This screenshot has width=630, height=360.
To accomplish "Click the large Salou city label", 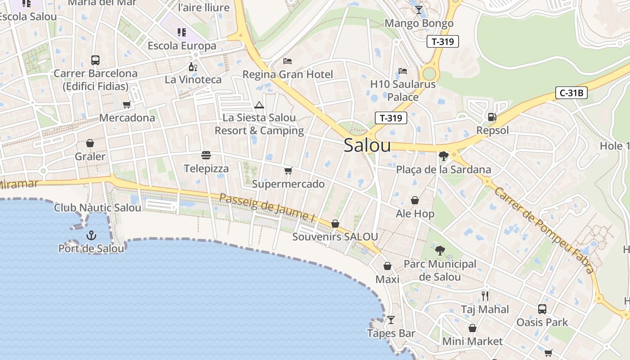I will coord(367,145).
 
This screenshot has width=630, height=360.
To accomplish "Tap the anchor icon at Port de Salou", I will coord(91,235).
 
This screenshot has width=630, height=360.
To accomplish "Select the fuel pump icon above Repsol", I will coord(492,117).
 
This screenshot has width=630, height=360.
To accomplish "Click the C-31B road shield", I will coord(571,93).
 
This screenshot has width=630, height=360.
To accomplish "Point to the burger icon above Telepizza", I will coord(206,155).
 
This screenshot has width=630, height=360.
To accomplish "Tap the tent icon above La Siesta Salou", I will coord(259,105).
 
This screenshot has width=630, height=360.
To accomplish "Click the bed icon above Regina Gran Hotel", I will coord(288,61).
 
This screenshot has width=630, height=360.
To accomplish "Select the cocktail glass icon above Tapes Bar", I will coord(391,320).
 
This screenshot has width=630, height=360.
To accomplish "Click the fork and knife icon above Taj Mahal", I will coord(485,296).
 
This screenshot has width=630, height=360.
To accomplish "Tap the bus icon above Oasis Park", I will coord(542,309).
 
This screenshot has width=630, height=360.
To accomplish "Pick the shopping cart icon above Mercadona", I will coord(127,104).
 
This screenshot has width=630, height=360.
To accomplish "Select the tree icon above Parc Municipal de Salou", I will coord(440,251).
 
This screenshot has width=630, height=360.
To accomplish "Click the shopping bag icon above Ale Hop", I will coord(415,200).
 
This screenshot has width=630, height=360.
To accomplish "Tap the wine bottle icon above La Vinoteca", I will coord(193,67).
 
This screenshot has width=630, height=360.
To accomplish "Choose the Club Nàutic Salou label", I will coord(98,207).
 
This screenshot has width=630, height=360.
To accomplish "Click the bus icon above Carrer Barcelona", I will coord(95,60).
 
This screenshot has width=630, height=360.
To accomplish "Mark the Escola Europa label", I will coord(182,46).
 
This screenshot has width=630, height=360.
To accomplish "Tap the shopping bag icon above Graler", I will coord(90,143).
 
